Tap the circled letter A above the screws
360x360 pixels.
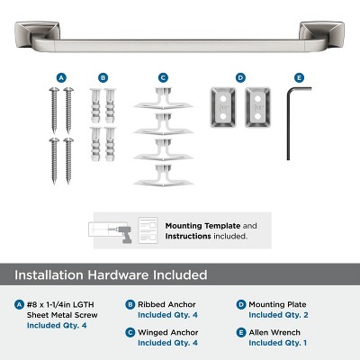click(x=60, y=77)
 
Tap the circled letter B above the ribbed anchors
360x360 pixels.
click(x=103, y=77)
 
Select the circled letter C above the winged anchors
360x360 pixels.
click(x=163, y=77)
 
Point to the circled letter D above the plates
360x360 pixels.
click(x=240, y=77)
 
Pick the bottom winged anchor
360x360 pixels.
click(x=163, y=175)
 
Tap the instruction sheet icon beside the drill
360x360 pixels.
click(x=148, y=230)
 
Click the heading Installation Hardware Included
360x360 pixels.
click(x=111, y=274)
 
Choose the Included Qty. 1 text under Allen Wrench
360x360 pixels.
click(x=278, y=343)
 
